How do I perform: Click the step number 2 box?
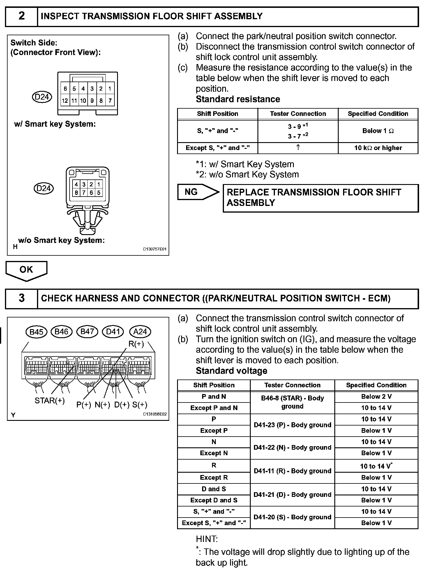click(x=22, y=16)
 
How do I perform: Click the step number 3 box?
click(x=22, y=298)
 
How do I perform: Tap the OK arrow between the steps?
click(x=26, y=270)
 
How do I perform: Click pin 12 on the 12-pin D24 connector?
click(x=65, y=101)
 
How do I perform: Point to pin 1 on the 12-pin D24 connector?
click(x=110, y=89)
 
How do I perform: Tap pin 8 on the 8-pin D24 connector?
click(x=76, y=193)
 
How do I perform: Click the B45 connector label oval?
click(x=36, y=332)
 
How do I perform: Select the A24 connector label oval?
click(x=140, y=332)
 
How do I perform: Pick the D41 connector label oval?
click(x=113, y=332)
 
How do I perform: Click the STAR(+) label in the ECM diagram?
click(x=50, y=401)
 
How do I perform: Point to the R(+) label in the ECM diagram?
click(x=136, y=344)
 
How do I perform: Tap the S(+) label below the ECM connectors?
click(x=140, y=405)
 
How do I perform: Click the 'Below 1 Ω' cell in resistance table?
click(x=378, y=131)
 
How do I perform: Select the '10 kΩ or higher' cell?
click(x=378, y=148)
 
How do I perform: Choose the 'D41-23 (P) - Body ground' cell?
click(x=292, y=425)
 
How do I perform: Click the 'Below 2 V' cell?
click(x=376, y=397)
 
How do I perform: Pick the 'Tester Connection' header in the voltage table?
click(x=292, y=385)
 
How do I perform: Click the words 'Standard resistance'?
click(x=238, y=99)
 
